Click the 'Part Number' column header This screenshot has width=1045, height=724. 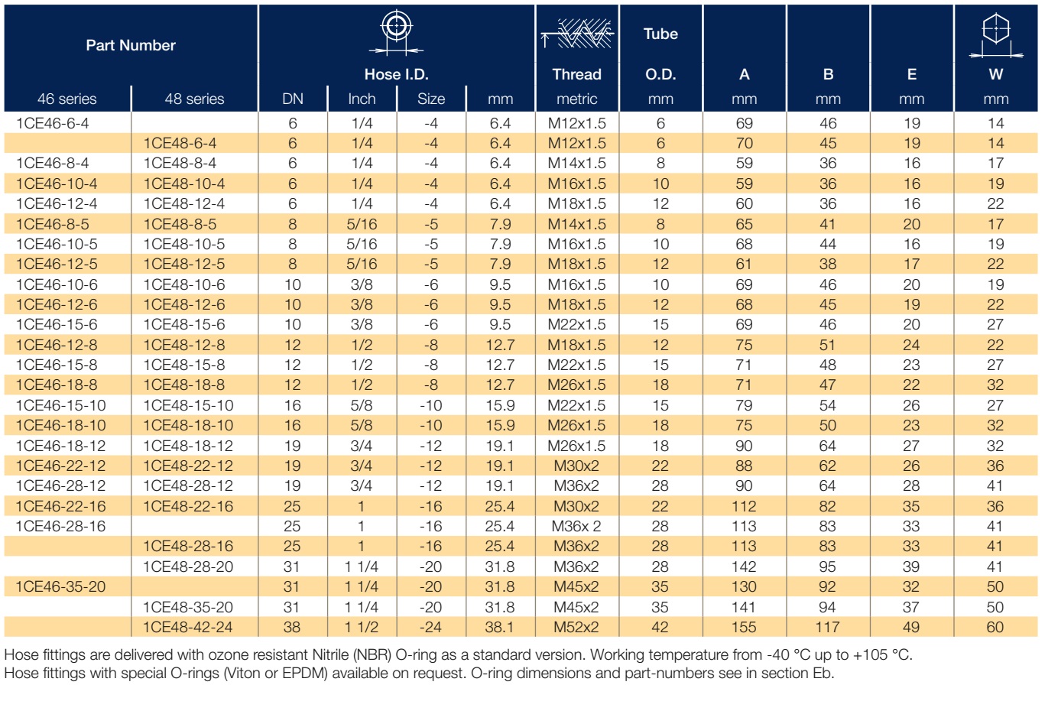[131, 45]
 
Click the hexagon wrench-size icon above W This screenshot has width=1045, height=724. [995, 36]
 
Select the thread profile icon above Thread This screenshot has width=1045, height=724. [577, 34]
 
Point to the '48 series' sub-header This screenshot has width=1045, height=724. [194, 99]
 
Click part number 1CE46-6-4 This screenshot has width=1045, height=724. [52, 123]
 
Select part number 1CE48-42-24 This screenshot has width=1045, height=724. [187, 627]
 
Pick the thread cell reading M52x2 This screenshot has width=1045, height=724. [576, 627]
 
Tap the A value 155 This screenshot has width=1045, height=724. [744, 627]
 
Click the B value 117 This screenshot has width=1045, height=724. [827, 627]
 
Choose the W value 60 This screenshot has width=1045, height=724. [995, 627]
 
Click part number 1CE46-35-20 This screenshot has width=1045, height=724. [60, 586]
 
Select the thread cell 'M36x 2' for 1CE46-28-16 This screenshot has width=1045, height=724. [576, 526]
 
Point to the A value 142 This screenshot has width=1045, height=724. [744, 567]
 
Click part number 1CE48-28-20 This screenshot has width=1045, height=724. [187, 567]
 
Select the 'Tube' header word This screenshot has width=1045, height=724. [660, 34]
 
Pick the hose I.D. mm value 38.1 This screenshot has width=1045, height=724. [500, 627]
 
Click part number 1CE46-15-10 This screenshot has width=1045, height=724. [60, 405]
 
